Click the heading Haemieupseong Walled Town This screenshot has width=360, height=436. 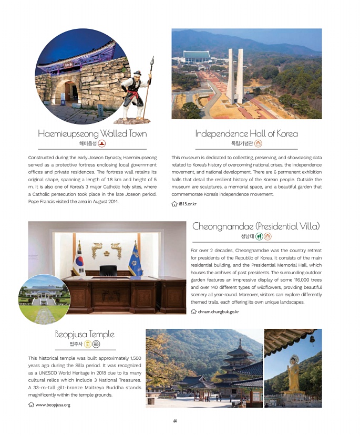point(92,133)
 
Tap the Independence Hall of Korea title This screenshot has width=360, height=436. point(246,133)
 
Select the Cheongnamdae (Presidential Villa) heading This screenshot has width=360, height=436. point(256,226)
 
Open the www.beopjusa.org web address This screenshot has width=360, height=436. point(53,404)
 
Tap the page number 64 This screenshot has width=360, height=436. point(175,420)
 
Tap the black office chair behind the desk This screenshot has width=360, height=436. point(108,271)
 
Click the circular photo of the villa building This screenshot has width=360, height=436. point(44,298)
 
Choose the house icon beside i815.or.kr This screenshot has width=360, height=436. point(175,204)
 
